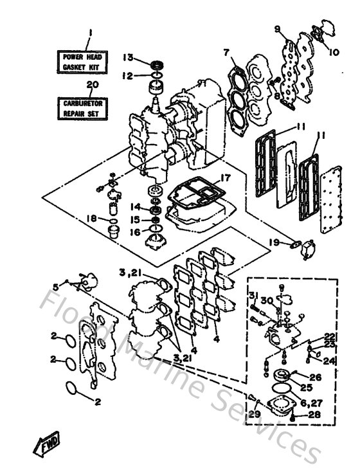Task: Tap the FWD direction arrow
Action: click(x=43, y=444)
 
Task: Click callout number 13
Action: click(x=128, y=57)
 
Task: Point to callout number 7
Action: click(x=226, y=52)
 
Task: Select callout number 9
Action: click(x=277, y=30)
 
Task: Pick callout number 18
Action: click(x=91, y=219)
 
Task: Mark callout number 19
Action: click(x=274, y=242)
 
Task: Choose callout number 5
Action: click(x=55, y=287)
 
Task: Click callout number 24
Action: click(x=329, y=361)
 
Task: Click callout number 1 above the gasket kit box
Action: click(x=91, y=32)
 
